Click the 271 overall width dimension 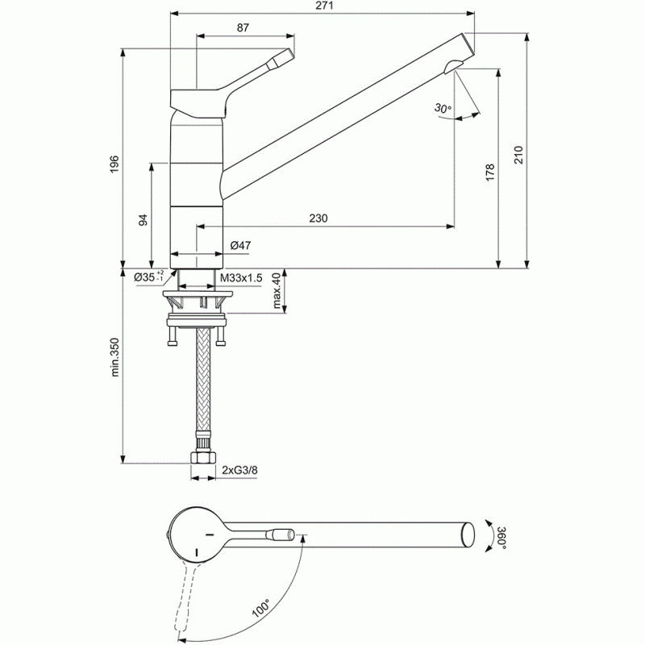[x=325, y=6]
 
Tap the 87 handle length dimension [x=243, y=27]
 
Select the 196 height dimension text [x=114, y=164]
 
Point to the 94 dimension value [x=143, y=220]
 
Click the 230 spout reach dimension [x=318, y=218]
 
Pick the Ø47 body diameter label [x=240, y=246]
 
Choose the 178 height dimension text [x=489, y=173]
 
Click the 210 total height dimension [x=518, y=155]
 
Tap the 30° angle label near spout [x=443, y=108]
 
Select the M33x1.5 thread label [x=241, y=278]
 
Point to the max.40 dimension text [x=277, y=290]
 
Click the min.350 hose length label [x=114, y=357]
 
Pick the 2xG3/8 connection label [x=239, y=470]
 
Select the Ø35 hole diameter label [x=149, y=277]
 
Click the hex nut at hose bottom [x=203, y=457]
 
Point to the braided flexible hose [x=204, y=379]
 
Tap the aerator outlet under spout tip [x=452, y=66]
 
